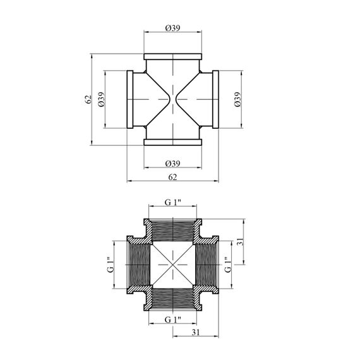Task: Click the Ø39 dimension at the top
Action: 172,28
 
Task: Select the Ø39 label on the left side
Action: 101,99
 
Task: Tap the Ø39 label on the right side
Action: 237,99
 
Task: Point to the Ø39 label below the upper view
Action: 172,164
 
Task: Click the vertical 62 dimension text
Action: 88,99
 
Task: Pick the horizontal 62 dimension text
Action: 172,177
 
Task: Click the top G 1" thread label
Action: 172,202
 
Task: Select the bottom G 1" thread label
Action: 172,320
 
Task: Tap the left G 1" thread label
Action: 111,265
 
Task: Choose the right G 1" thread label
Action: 228,265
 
